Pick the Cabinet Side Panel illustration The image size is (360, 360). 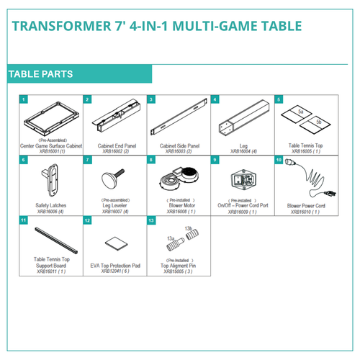pos(176,120)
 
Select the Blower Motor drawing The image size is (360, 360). pos(176,176)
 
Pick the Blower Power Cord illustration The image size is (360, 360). pos(302,176)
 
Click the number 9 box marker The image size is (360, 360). pos(215,159)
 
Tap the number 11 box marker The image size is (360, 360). pos(24,220)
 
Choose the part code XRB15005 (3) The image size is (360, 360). pos(176,271)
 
